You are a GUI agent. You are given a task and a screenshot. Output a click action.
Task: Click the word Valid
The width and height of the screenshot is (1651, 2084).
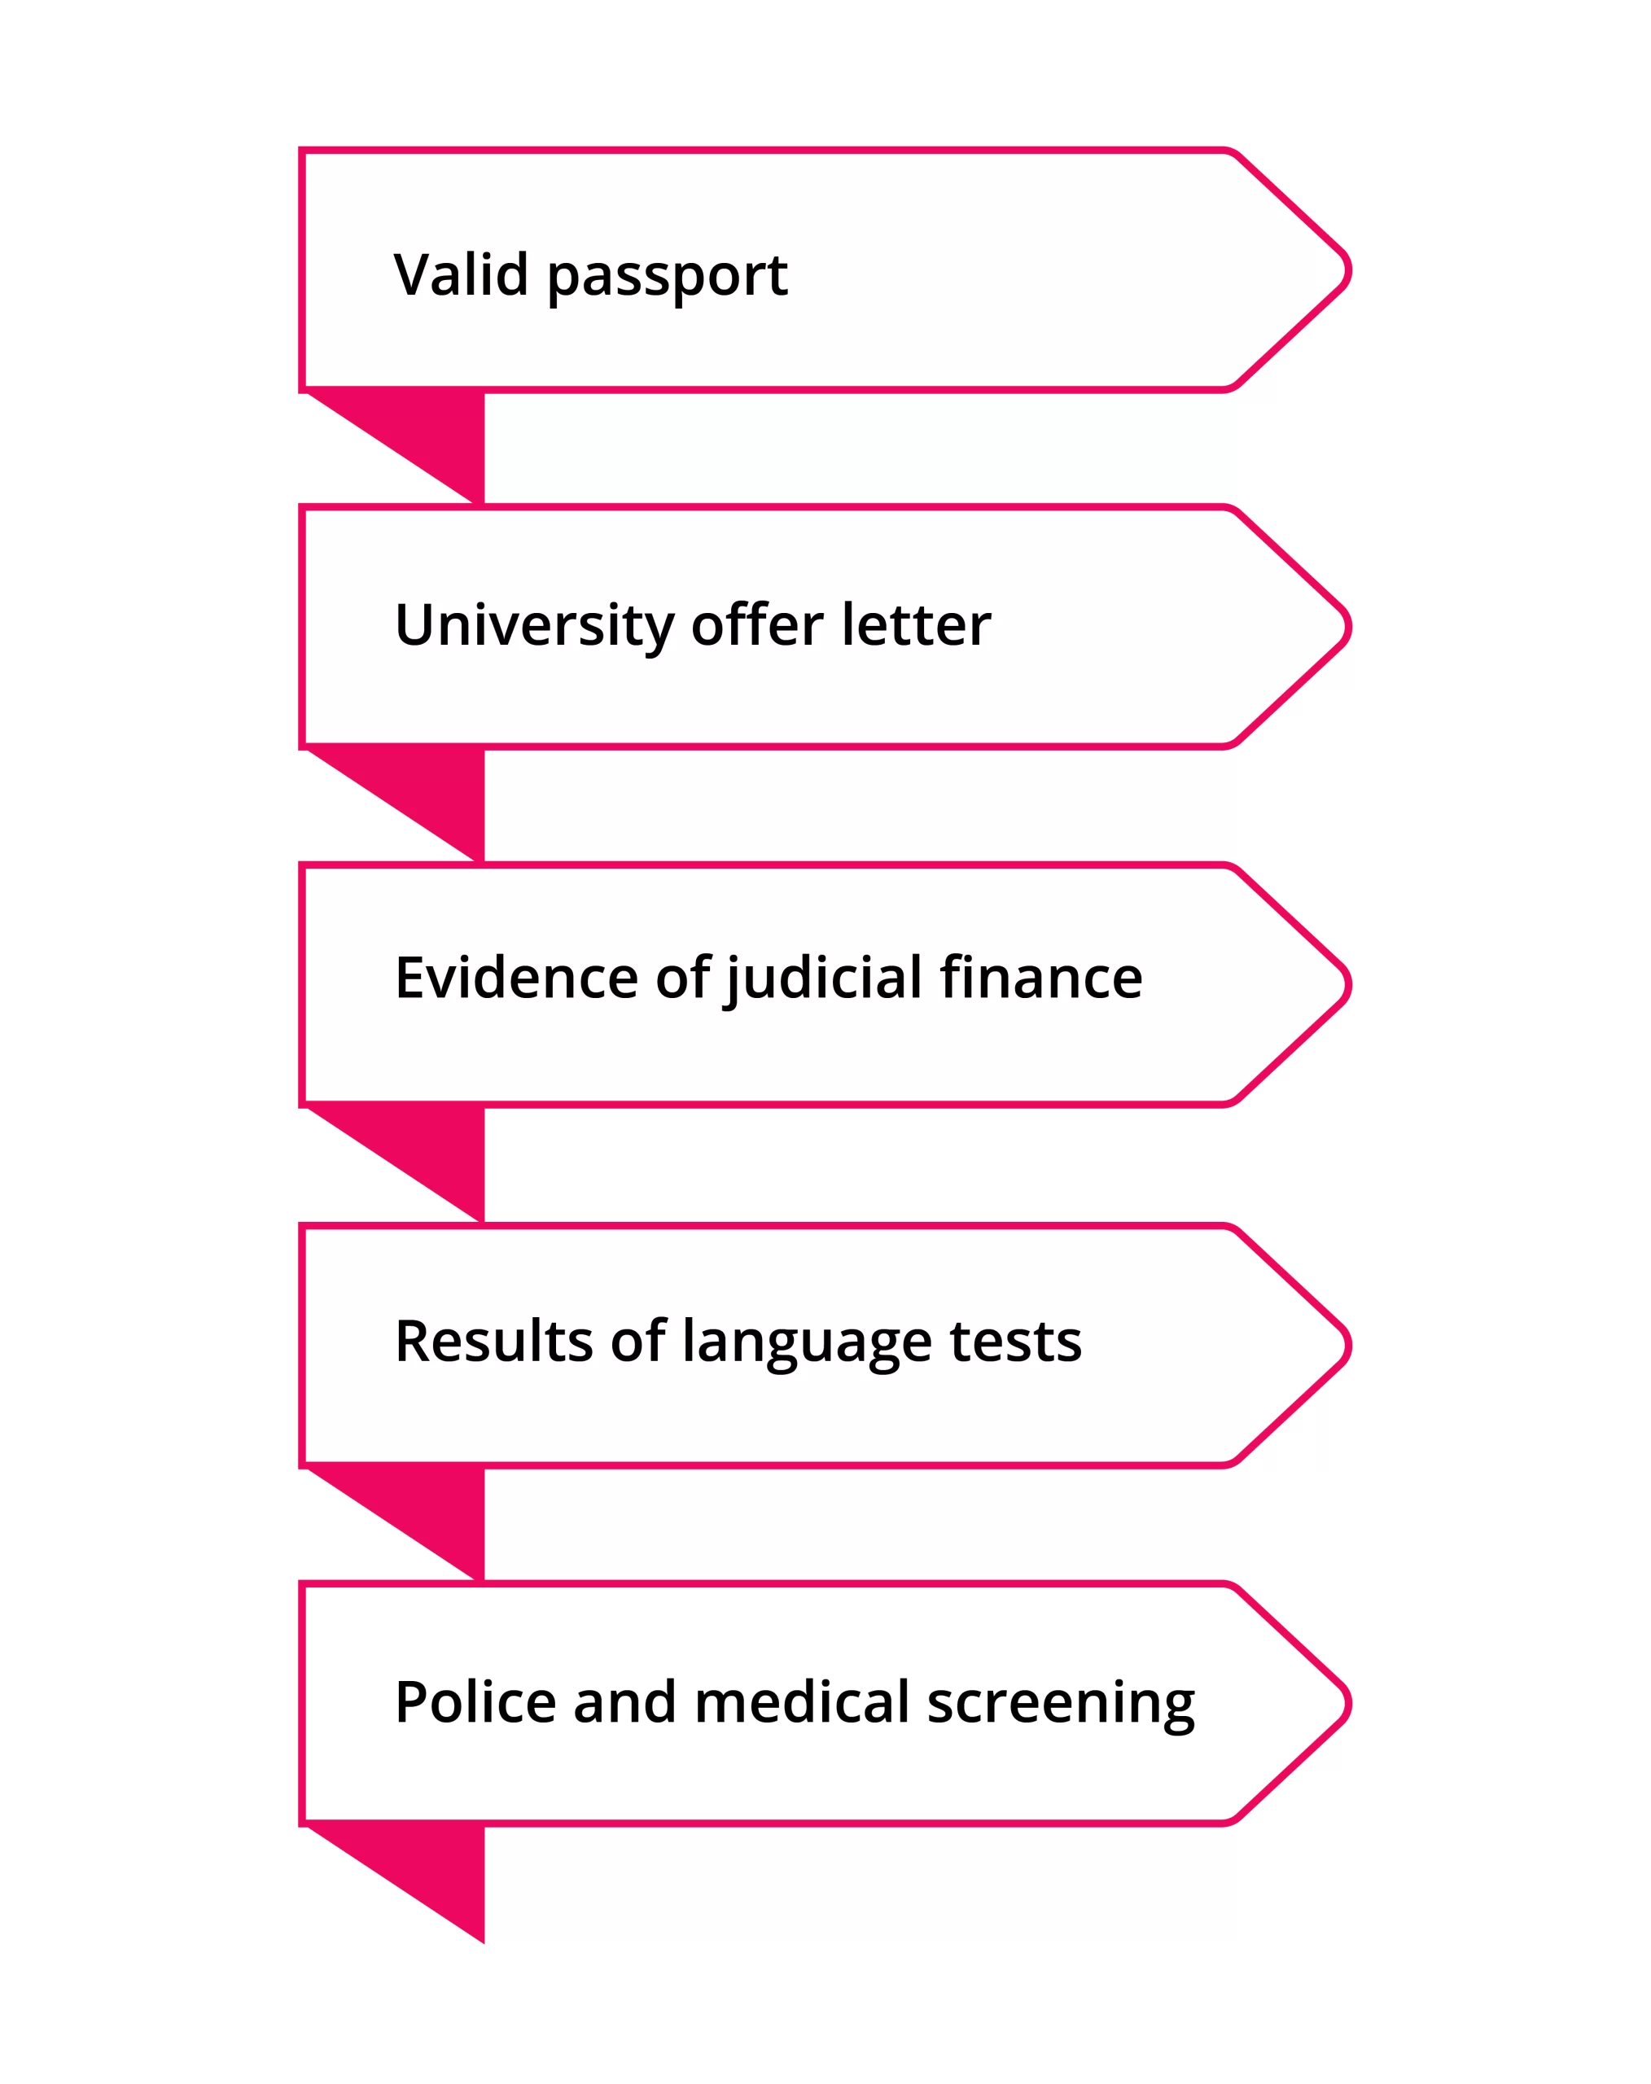pos(460,274)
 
